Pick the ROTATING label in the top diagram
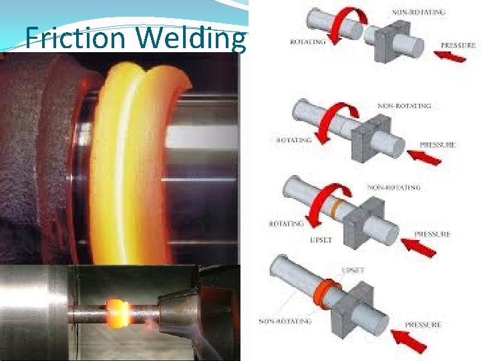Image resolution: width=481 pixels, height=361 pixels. [x=307, y=42]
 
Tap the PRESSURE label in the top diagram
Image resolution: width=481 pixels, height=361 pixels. [x=459, y=45]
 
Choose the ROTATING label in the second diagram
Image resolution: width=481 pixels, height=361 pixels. [x=294, y=140]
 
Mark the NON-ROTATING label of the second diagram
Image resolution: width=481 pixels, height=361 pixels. [x=404, y=106]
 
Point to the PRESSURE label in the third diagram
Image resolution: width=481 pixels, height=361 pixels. [x=432, y=234]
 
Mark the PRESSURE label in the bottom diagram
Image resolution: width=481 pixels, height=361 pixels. [x=423, y=325]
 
